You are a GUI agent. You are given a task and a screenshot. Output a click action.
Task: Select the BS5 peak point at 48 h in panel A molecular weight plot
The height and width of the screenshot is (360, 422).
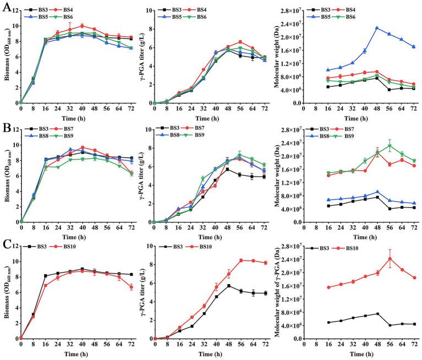[x=376, y=27]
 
